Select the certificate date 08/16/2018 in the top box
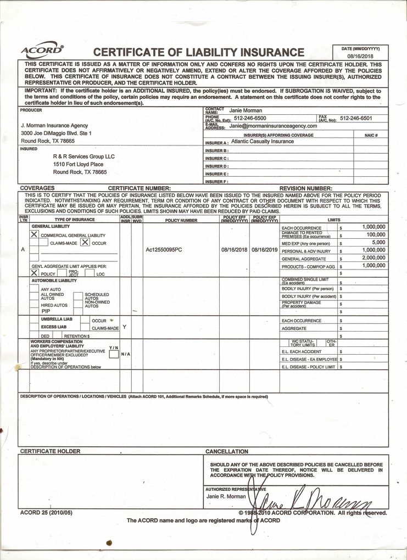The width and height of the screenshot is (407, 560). (x=360, y=56)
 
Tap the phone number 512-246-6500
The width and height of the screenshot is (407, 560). (x=250, y=118)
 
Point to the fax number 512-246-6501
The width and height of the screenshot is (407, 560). (x=356, y=118)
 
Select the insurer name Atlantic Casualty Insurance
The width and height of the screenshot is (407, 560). (x=263, y=141)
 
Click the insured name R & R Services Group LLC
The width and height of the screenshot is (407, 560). (x=84, y=156)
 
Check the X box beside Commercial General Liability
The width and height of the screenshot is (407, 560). (x=34, y=234)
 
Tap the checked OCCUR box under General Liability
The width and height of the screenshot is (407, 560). (x=85, y=242)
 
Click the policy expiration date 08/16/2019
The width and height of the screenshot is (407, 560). (x=265, y=250)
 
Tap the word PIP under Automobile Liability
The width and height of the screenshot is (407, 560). (x=46, y=311)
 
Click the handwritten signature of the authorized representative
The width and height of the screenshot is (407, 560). (x=310, y=500)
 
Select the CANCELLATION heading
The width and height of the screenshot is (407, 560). (x=227, y=451)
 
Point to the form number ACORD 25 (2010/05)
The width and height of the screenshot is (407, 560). (x=46, y=513)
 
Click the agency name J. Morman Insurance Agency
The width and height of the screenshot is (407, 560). (x=54, y=126)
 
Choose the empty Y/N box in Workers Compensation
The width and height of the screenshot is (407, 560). (x=113, y=354)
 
